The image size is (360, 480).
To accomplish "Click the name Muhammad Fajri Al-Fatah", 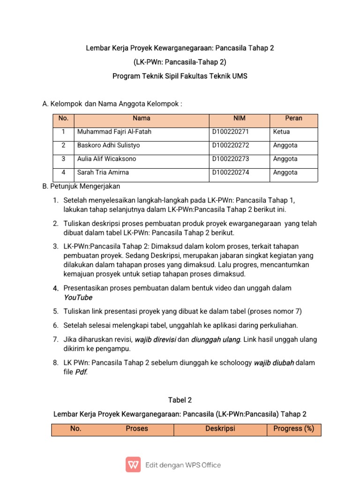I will pos(114,132).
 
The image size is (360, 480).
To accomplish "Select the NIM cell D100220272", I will pos(231,146).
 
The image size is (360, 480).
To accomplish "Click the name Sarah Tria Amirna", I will pos(103,172).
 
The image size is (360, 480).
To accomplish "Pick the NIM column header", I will pos(239,119).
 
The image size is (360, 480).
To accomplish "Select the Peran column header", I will pos(293,119).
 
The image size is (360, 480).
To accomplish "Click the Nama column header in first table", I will pos(141,119).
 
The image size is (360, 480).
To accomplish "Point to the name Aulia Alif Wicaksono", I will pos(106,159).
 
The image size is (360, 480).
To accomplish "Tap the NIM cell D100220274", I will pos(231,172).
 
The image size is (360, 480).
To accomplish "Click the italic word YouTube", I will pos(78,298).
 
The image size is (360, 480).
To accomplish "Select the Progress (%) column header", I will pos(293,428).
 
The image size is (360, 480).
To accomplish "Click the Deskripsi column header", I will pos(220,428).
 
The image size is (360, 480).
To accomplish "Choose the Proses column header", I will pos(136,428).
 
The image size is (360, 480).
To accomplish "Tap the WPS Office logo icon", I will pos(133,465).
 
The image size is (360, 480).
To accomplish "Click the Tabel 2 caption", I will pos(180,400).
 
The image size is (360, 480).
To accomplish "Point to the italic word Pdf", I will pos(81,372).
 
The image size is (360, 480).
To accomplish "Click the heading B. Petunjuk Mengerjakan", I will pos(81,187).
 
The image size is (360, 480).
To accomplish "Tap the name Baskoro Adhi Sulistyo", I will pos(108,146).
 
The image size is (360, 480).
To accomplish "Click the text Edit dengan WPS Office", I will pos(183,465).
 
